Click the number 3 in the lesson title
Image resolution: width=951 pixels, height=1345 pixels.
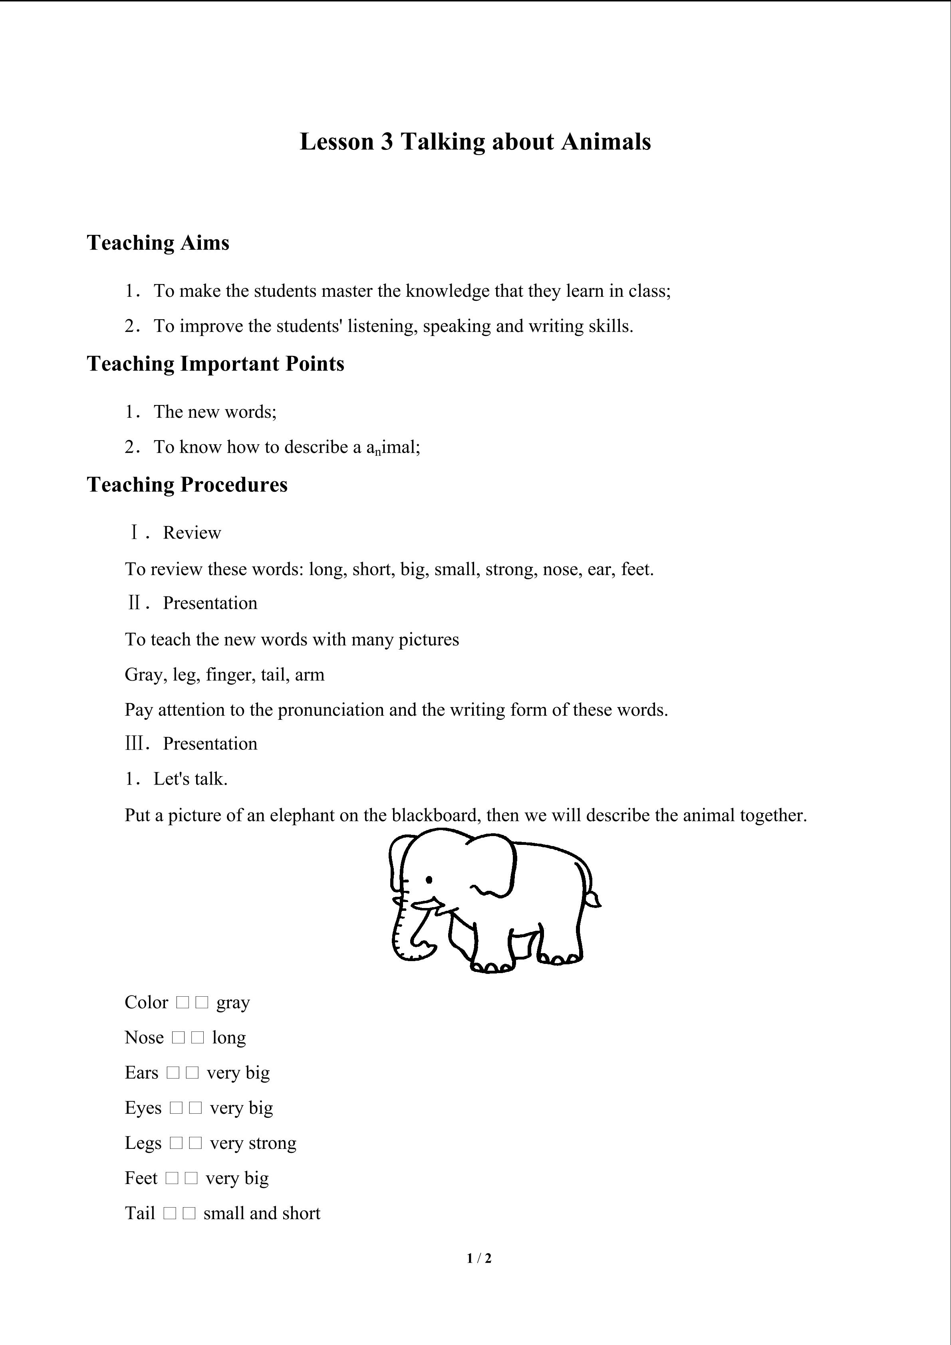(x=387, y=142)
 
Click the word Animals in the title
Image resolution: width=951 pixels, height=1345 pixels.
(x=606, y=142)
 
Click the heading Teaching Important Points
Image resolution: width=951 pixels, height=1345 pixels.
(x=216, y=364)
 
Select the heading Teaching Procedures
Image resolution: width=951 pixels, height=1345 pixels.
(x=187, y=485)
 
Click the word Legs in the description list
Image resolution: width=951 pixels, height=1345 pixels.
(x=143, y=1144)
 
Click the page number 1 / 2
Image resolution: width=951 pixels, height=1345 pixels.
(x=479, y=1258)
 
